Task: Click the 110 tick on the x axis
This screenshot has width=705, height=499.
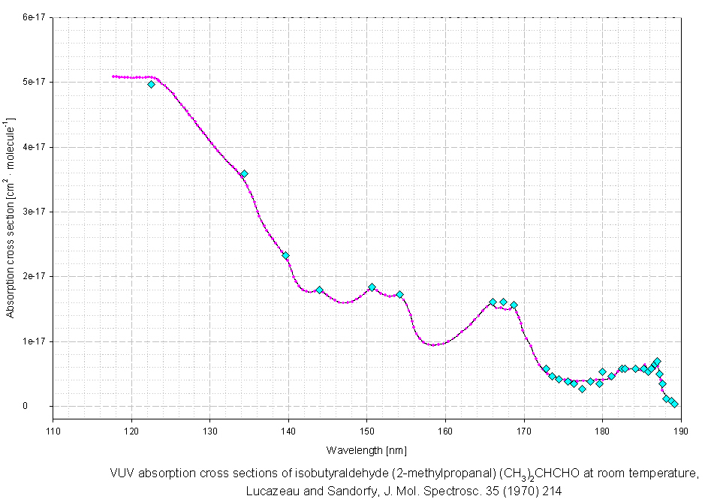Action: (53, 431)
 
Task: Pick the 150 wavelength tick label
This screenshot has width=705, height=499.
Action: (367, 431)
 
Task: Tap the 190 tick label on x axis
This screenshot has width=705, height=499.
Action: (680, 431)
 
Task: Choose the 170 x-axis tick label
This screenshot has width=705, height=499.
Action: (523, 431)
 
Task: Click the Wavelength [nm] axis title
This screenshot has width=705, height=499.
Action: (366, 450)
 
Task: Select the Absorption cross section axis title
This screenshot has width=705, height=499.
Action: (10, 217)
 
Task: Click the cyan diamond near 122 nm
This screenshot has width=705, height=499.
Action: (151, 84)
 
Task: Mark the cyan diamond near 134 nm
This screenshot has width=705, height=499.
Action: (244, 173)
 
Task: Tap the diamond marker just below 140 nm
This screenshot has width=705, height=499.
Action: (285, 255)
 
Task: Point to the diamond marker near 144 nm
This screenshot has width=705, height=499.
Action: (319, 290)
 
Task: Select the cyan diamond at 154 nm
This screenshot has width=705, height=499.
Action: (400, 294)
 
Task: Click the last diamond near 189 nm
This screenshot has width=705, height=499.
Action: (674, 404)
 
